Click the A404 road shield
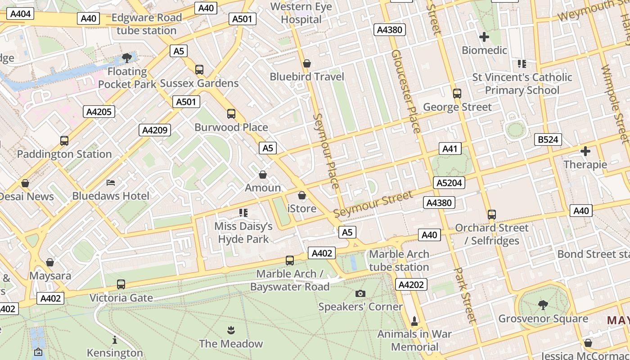[20, 14]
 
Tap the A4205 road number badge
[99, 112]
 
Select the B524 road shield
[548, 139]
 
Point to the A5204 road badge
[449, 183]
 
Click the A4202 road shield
[411, 284]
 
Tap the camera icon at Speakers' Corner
[360, 294]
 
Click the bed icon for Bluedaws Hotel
[111, 183]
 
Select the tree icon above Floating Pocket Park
[127, 58]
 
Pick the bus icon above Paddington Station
[64, 141]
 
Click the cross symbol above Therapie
[585, 151]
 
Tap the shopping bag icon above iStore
[302, 195]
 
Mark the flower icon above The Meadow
[231, 330]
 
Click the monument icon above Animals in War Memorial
[414, 321]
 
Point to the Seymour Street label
[373, 204]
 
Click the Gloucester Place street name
[406, 91]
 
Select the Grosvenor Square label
[543, 319]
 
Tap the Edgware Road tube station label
[147, 24]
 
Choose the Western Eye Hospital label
[301, 13]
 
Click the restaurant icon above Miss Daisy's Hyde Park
[243, 212]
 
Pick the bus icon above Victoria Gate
[121, 284]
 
